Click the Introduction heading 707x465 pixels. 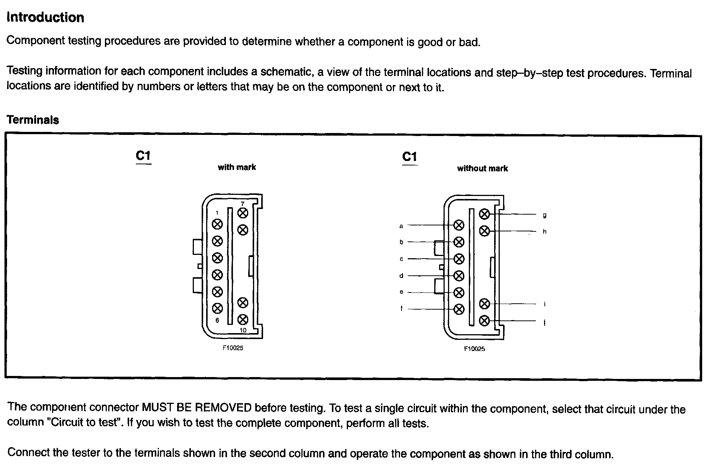[x=45, y=18]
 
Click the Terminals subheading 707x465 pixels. [x=33, y=120]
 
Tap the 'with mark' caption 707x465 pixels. [x=237, y=167]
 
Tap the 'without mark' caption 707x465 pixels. [x=482, y=168]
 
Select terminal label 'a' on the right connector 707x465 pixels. [x=401, y=226]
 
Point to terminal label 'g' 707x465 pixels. [x=544, y=215]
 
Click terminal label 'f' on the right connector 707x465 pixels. [x=402, y=309]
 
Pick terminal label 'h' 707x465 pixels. [x=544, y=231]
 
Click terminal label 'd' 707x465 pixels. [x=401, y=276]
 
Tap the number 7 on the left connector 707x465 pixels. [x=243, y=204]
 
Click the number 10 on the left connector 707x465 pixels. [x=243, y=330]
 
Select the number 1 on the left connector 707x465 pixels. [x=217, y=213]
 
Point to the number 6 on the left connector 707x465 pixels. [x=217, y=320]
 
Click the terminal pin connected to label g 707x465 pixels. [x=484, y=214]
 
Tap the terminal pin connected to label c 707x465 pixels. [x=459, y=259]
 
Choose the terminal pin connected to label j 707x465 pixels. [x=484, y=320]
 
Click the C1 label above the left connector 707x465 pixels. [x=143, y=156]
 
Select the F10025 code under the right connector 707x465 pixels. [x=474, y=349]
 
